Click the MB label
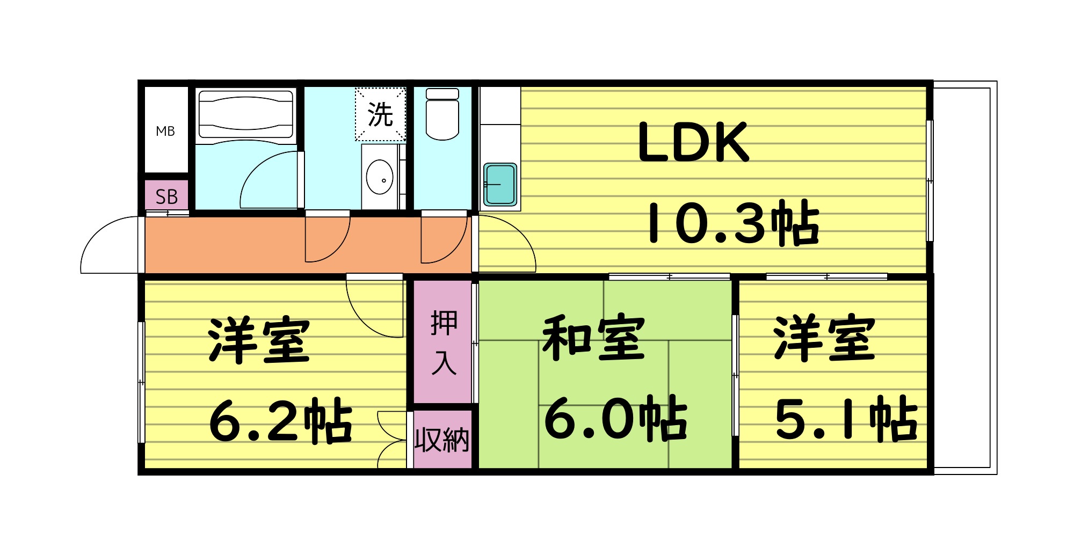pos(165,131)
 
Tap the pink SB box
pos(166,196)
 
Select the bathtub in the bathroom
pos(246,114)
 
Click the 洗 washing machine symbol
pos(380,114)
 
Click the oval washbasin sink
pos(380,177)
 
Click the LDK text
pos(693,142)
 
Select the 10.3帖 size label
pos(734,223)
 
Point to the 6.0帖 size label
pos(615,419)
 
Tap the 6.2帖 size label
pos(280,421)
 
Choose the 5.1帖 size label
pos(846,419)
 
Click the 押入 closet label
pos(444,342)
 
